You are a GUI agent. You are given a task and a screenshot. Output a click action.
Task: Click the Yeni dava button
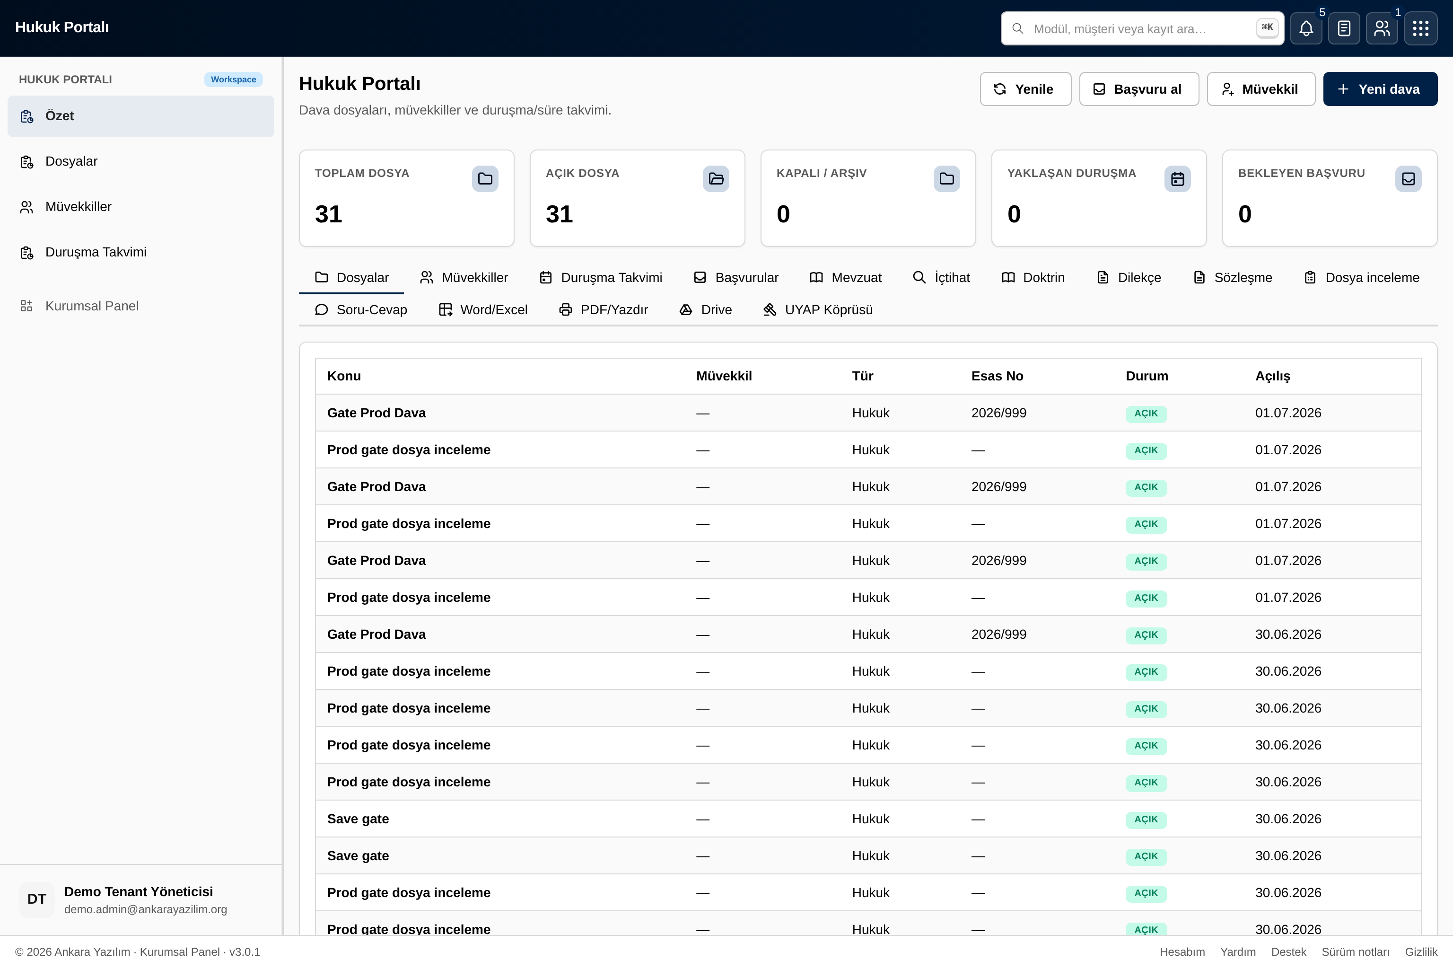1380,89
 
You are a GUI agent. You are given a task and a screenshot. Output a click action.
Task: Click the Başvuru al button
1138,89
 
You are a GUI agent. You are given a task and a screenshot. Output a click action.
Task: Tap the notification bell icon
1306,28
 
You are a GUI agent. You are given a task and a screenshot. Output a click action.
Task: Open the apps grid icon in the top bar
1420,28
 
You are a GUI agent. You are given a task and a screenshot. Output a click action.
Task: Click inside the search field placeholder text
1120,29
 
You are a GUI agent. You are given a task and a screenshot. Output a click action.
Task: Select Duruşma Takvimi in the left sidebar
96,252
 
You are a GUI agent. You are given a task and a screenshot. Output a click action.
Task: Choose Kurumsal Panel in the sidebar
91,306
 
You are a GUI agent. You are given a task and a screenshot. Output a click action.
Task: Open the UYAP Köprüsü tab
817,309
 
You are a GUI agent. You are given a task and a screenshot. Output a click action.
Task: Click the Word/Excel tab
483,309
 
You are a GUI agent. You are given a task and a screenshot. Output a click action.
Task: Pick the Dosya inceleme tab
1361,277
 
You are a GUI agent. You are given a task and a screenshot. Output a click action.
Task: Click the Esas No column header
997,376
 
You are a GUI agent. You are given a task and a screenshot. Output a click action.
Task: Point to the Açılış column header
1273,376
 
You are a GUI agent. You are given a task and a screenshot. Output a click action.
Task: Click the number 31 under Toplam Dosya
328,214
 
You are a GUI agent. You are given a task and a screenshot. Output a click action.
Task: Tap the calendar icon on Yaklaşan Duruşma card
1177,178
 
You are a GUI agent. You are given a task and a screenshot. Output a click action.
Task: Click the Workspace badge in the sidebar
234,79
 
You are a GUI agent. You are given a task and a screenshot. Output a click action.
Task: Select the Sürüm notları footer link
1356,951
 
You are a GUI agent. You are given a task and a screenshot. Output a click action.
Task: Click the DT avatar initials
37,899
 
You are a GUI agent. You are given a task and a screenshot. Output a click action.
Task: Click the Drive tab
706,309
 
